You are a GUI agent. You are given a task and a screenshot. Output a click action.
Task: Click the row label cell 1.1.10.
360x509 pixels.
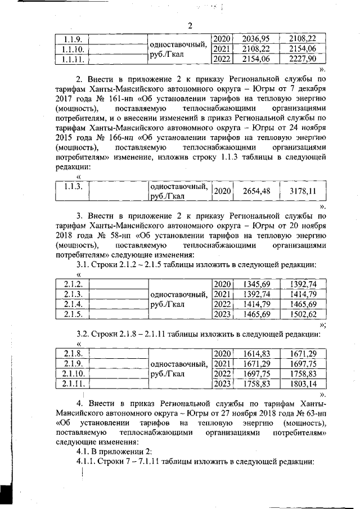[72, 49]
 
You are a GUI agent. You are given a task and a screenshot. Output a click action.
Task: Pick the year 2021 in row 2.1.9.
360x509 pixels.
[223, 364]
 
